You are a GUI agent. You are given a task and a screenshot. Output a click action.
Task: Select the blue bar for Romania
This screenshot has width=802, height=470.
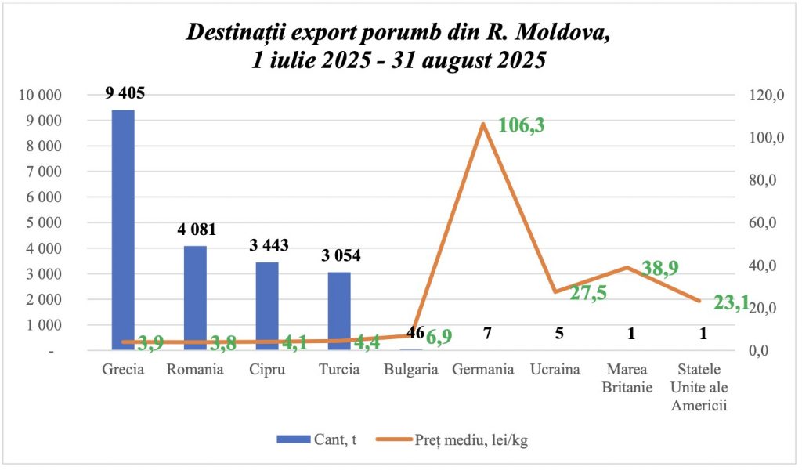[195, 298]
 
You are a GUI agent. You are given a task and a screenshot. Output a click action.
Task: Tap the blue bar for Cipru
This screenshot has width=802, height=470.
[267, 305]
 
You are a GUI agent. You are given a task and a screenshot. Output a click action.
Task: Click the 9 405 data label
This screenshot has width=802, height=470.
[125, 94]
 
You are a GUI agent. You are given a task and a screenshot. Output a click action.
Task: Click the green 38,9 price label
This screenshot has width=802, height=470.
[659, 268]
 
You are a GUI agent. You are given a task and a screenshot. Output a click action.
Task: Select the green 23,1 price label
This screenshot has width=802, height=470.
[732, 302]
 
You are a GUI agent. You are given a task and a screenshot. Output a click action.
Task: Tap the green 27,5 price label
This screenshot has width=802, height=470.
[588, 294]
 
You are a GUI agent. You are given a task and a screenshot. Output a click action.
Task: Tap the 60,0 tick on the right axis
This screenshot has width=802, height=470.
[760, 223]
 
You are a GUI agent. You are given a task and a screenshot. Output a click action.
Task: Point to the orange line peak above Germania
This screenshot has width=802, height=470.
[483, 124]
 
